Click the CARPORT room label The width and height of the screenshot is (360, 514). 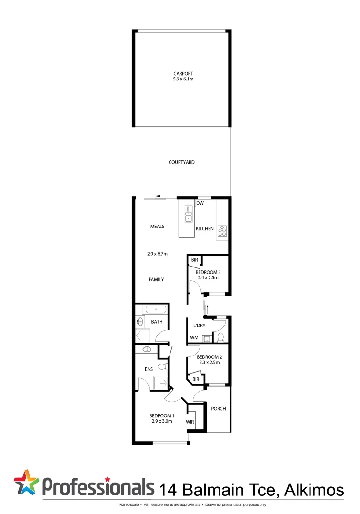pos(183,73)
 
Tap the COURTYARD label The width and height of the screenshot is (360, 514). pos(181,162)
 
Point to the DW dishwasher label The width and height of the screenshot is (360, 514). pos(200,204)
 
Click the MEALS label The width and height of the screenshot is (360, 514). pos(157,227)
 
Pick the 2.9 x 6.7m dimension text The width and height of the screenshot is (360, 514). pos(157,254)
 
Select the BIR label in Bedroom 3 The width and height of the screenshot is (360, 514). pos(194,260)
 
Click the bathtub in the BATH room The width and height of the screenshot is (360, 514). pos(155,309)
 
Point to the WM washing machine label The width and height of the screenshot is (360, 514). pos(194,338)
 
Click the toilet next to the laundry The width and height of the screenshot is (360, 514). pos(220,337)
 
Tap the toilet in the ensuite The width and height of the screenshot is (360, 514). pos(162,366)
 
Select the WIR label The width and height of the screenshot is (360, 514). pos(190,422)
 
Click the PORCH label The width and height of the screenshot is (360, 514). pos(218,409)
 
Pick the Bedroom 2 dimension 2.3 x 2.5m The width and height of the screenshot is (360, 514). pos(208,363)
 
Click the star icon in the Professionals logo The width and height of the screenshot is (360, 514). pos(26,482)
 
